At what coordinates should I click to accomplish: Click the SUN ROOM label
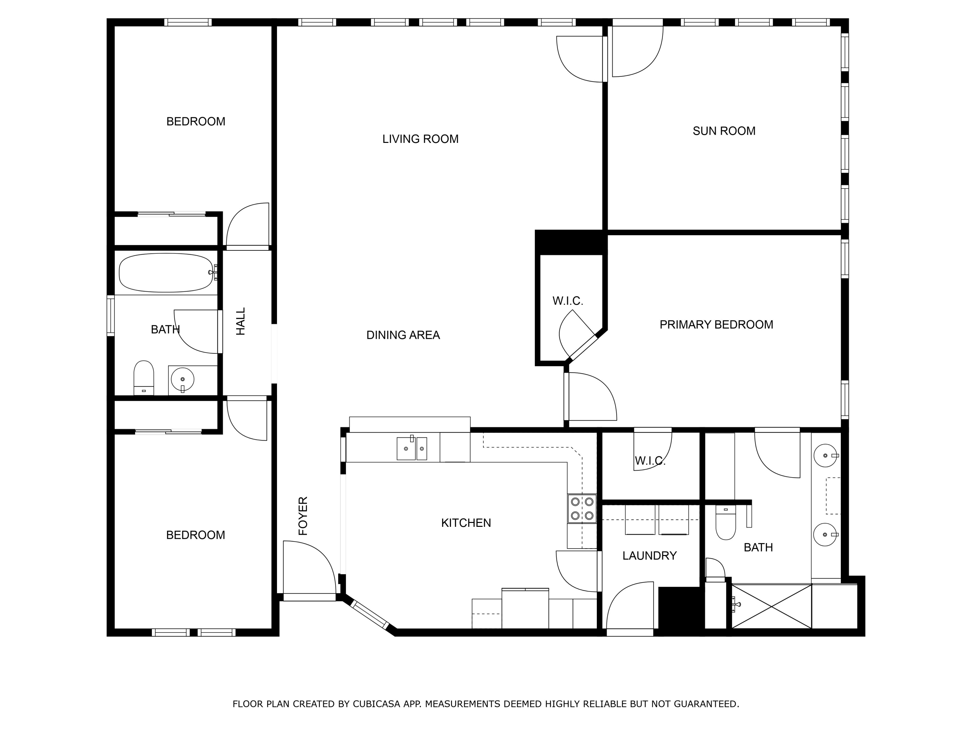(724, 131)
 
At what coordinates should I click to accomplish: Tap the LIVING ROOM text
(420, 139)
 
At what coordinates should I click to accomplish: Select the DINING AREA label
(403, 335)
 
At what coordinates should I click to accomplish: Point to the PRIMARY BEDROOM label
(716, 325)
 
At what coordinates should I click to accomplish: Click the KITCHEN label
(466, 523)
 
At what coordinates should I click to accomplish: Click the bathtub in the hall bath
(166, 273)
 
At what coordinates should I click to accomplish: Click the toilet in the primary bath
(725, 523)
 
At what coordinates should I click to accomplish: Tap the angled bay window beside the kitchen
(370, 614)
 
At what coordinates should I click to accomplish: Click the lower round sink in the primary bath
(825, 534)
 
